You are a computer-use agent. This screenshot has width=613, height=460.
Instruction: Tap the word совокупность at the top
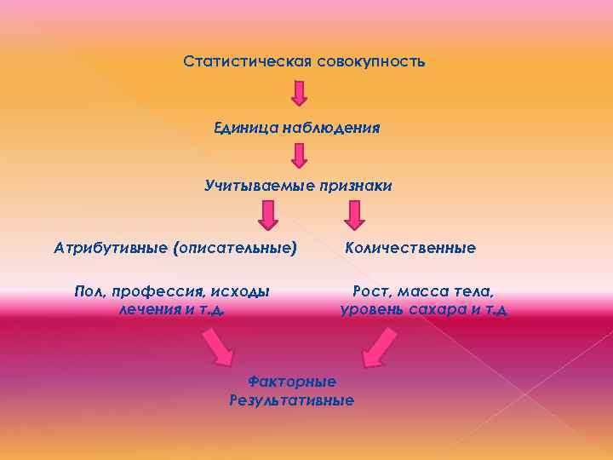pyautogui.click(x=371, y=62)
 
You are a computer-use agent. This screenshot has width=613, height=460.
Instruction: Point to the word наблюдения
pyautogui.click(x=329, y=128)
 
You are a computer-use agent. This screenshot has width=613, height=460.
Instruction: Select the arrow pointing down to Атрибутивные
pyautogui.click(x=268, y=215)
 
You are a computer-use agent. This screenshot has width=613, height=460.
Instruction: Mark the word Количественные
pyautogui.click(x=410, y=248)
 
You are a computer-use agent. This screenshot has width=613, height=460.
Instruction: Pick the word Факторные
pyautogui.click(x=291, y=382)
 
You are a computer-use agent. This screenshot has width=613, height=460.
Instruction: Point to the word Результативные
pyautogui.click(x=291, y=400)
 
